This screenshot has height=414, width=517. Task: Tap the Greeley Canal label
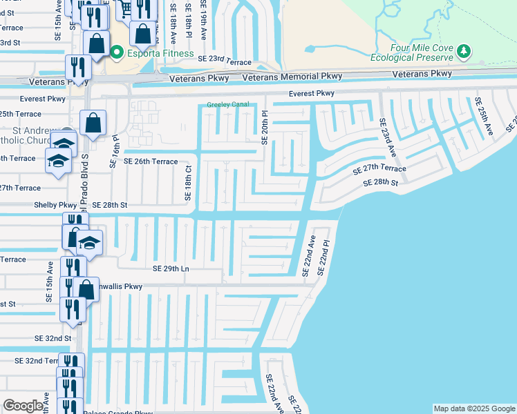227,106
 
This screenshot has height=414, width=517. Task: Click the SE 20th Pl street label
264,128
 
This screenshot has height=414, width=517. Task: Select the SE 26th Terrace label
151,161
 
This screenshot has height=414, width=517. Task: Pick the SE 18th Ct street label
187,183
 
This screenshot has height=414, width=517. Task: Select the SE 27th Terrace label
379,170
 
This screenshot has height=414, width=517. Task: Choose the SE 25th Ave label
484,115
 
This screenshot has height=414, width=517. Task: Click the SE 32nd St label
53,338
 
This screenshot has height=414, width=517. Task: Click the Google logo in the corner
23,406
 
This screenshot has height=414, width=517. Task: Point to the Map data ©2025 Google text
473,408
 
